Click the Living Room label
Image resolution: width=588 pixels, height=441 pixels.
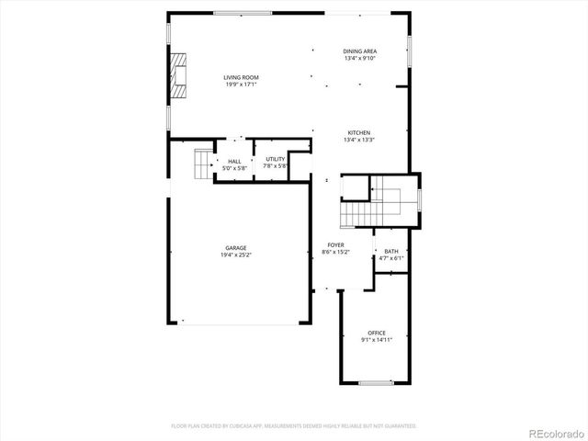tap(240, 77)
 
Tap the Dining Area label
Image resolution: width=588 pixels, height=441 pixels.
tap(360, 51)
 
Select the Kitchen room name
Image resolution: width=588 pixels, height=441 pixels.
tap(359, 132)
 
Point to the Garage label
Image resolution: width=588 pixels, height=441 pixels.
tap(236, 248)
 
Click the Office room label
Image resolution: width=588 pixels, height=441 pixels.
tap(377, 333)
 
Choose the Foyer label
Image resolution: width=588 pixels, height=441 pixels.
tap(336, 244)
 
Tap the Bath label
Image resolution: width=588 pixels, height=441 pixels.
tap(391, 251)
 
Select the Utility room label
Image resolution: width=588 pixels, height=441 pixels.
tap(275, 159)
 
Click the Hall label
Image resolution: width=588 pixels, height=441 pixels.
tap(235, 162)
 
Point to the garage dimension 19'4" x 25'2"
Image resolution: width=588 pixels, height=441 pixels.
tap(236, 255)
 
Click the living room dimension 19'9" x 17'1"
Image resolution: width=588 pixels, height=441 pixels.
tap(240, 85)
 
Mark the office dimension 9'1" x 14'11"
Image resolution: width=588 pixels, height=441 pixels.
tap(377, 340)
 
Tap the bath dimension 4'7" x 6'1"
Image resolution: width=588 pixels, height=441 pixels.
tap(391, 258)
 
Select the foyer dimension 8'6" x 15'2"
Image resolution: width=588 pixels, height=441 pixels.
tap(336, 252)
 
